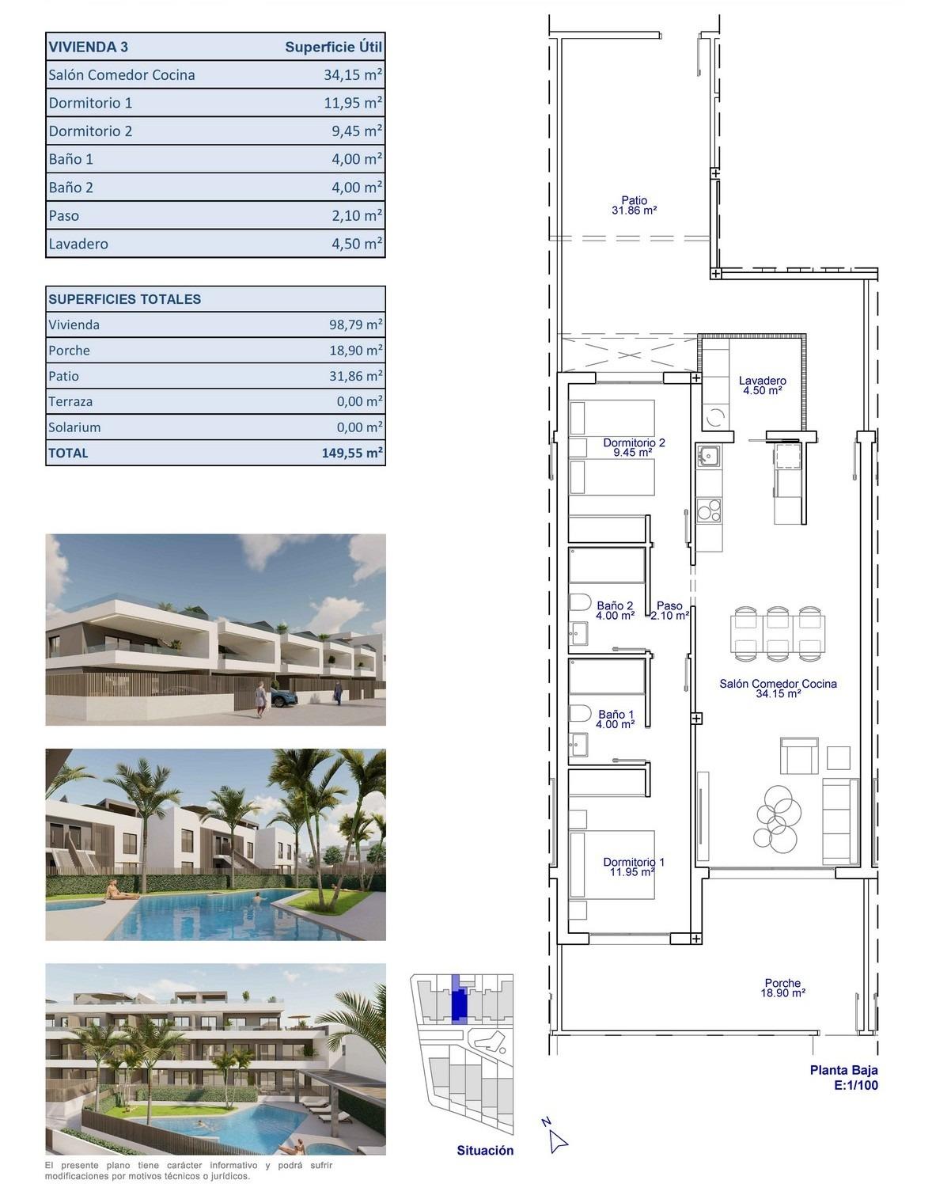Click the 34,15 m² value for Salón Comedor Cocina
(353, 75)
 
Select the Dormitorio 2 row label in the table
(90, 131)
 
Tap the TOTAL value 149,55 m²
(352, 453)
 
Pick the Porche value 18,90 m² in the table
(356, 351)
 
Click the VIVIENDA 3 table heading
(88, 47)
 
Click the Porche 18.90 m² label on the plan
(782, 988)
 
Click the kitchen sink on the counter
(708, 456)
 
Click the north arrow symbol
(557, 1140)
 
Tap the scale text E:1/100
(855, 1086)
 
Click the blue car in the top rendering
(282, 697)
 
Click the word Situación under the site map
(485, 1151)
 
